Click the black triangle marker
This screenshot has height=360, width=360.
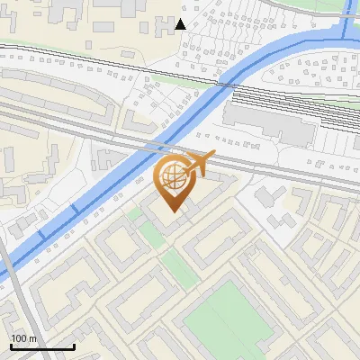click(x=182, y=23)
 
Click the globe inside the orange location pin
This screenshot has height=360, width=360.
click(x=171, y=176)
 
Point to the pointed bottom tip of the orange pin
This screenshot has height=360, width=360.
click(x=172, y=212)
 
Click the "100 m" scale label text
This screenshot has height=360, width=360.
click(x=24, y=338)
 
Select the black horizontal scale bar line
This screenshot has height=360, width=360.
click(x=42, y=346)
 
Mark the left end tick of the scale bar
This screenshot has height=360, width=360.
click(x=11, y=345)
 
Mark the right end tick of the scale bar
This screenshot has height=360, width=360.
click(x=74, y=345)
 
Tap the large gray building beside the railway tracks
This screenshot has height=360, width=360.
click(x=267, y=122)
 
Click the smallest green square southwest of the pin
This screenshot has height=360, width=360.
click(x=135, y=214)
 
